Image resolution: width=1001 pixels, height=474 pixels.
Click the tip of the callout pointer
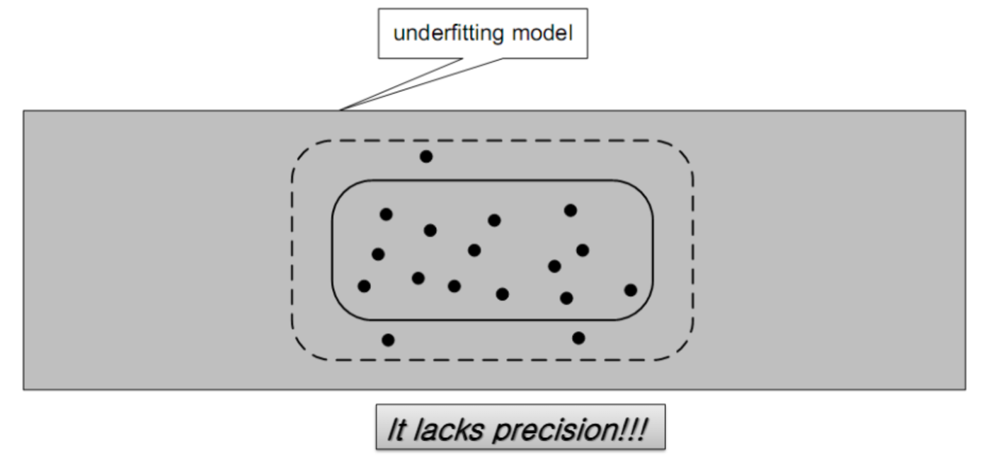click(x=341, y=110)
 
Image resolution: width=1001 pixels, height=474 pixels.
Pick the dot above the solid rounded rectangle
click(x=426, y=156)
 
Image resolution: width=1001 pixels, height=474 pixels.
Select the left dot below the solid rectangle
click(x=388, y=340)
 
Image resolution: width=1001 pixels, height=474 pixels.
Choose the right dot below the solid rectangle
click(x=578, y=338)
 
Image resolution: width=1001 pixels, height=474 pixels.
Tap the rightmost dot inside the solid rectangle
click(x=631, y=290)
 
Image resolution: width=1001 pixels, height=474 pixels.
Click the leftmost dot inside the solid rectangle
click(x=364, y=287)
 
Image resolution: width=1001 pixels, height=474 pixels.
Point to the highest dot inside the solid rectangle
click(x=571, y=210)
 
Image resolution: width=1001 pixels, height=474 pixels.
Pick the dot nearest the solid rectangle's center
click(x=474, y=250)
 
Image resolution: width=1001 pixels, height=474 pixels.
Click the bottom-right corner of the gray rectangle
click(x=965, y=389)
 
